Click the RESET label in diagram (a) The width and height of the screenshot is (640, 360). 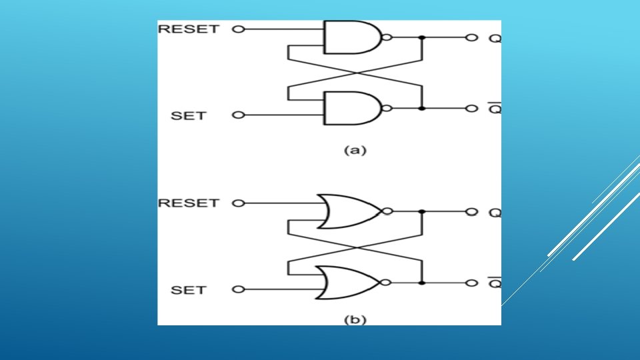[x=187, y=29]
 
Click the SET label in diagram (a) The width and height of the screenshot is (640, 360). [x=189, y=115]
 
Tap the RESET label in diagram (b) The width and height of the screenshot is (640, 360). [x=187, y=203]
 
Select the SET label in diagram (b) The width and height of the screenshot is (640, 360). [x=189, y=290]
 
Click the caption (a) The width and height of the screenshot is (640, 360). [x=355, y=150]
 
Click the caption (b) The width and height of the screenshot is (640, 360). [x=355, y=320]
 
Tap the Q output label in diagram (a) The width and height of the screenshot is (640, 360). [x=495, y=38]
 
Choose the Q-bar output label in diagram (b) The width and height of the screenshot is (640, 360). [x=495, y=283]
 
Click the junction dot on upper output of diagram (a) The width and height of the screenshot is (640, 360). [x=421, y=38]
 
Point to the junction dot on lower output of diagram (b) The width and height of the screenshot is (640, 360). [x=421, y=283]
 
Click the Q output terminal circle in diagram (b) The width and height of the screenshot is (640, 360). [x=471, y=212]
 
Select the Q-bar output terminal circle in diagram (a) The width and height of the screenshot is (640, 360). [x=471, y=108]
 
